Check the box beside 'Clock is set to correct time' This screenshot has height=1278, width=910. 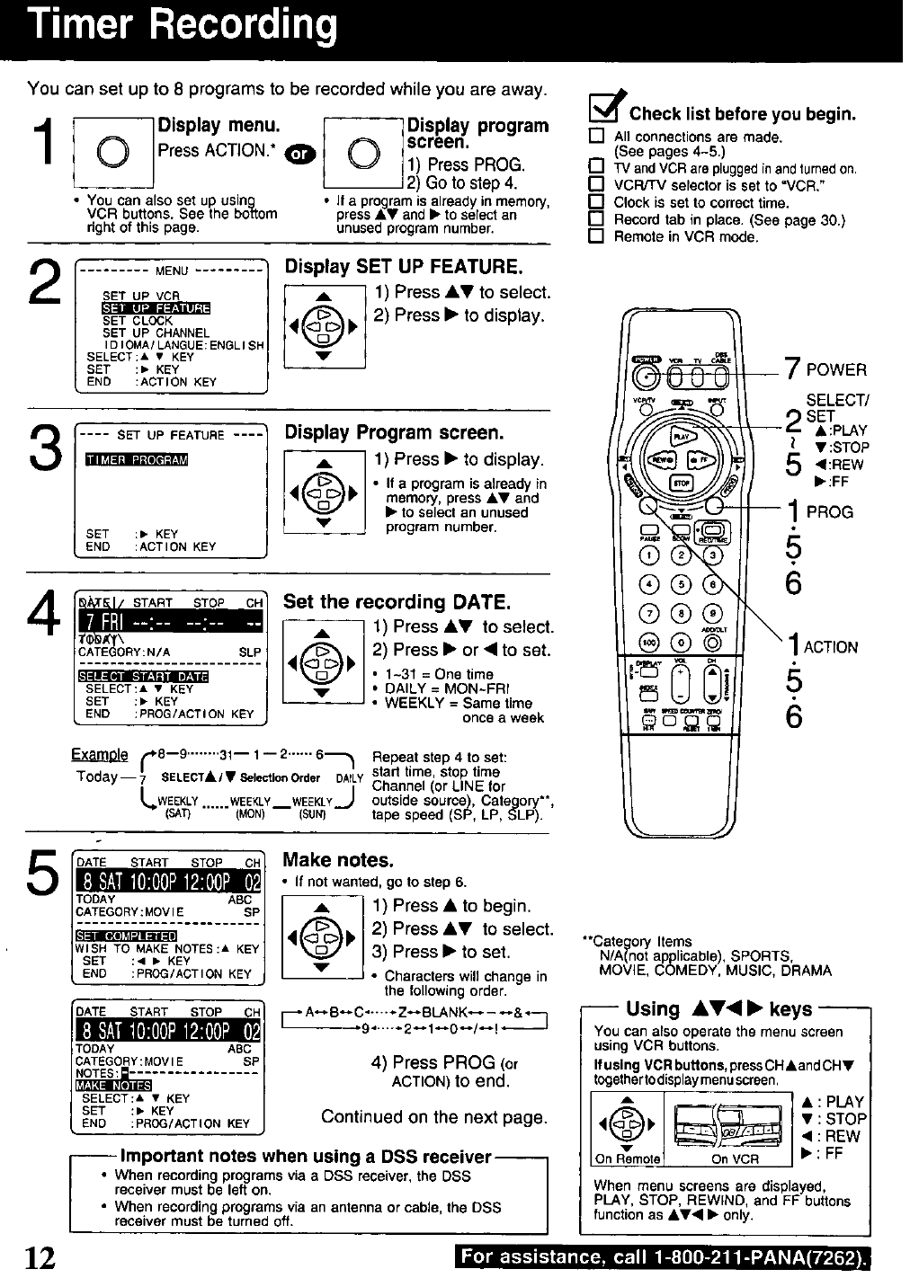click(x=594, y=203)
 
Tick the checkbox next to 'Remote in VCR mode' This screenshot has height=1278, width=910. click(x=594, y=237)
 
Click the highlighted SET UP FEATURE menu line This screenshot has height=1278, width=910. click(x=156, y=308)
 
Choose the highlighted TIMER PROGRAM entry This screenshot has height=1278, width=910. click(x=136, y=460)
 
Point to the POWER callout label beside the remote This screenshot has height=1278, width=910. click(x=836, y=370)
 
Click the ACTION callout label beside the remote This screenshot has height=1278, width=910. click(x=830, y=647)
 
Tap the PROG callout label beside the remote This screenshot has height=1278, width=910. click(x=829, y=512)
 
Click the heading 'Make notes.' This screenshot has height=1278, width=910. click(x=338, y=860)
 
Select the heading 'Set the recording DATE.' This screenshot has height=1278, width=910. click(x=397, y=601)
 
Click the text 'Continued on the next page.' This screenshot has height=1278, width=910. click(x=433, y=1117)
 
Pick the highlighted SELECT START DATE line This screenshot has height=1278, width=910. click(x=143, y=676)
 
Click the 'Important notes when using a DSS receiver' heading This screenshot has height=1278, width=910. click(x=306, y=1156)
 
